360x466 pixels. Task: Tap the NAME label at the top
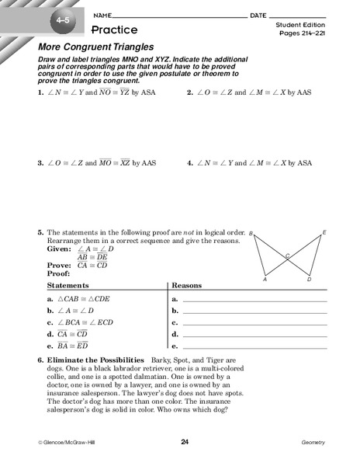pos(101,15)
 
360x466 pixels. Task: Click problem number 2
pos(189,91)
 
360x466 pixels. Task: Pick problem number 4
pos(189,163)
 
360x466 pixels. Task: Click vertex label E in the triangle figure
pos(324,232)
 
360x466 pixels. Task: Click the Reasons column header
pos(186,285)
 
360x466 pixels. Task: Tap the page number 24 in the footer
pos(185,442)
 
